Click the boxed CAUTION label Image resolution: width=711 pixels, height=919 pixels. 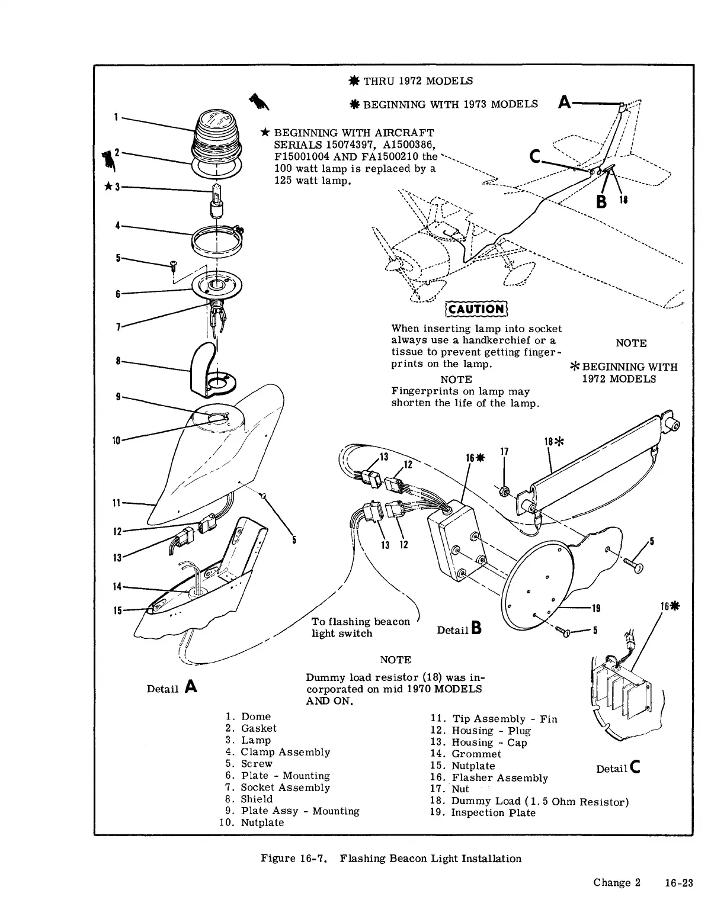(476, 309)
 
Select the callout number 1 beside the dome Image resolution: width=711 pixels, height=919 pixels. (116, 117)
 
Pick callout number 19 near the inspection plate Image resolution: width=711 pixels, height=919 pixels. (596, 608)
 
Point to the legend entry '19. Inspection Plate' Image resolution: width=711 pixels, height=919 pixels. (482, 812)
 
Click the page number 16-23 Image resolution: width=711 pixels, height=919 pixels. (678, 882)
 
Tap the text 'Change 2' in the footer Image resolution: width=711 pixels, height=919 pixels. (617, 882)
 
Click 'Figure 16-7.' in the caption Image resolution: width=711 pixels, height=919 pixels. (294, 859)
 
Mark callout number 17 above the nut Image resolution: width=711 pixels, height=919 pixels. (504, 452)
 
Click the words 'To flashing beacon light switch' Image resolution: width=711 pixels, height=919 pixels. (360, 627)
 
